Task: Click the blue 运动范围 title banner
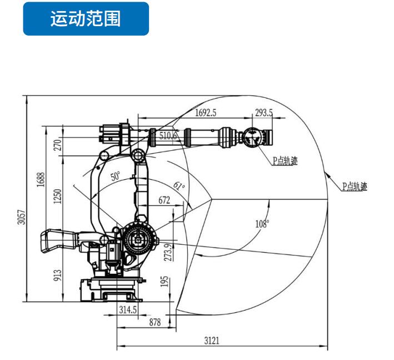pyautogui.click(x=86, y=19)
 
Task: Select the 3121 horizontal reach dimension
pyautogui.click(x=212, y=341)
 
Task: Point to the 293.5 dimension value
pyautogui.click(x=263, y=112)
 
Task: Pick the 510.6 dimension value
pyautogui.click(x=168, y=135)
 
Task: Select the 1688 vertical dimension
pyautogui.click(x=41, y=181)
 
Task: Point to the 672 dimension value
pyautogui.click(x=164, y=201)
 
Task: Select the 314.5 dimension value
pyautogui.click(x=128, y=310)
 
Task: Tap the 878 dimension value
pyautogui.click(x=152, y=323)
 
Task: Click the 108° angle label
pyautogui.click(x=262, y=224)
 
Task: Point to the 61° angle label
pyautogui.click(x=178, y=185)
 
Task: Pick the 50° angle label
pyautogui.click(x=115, y=177)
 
